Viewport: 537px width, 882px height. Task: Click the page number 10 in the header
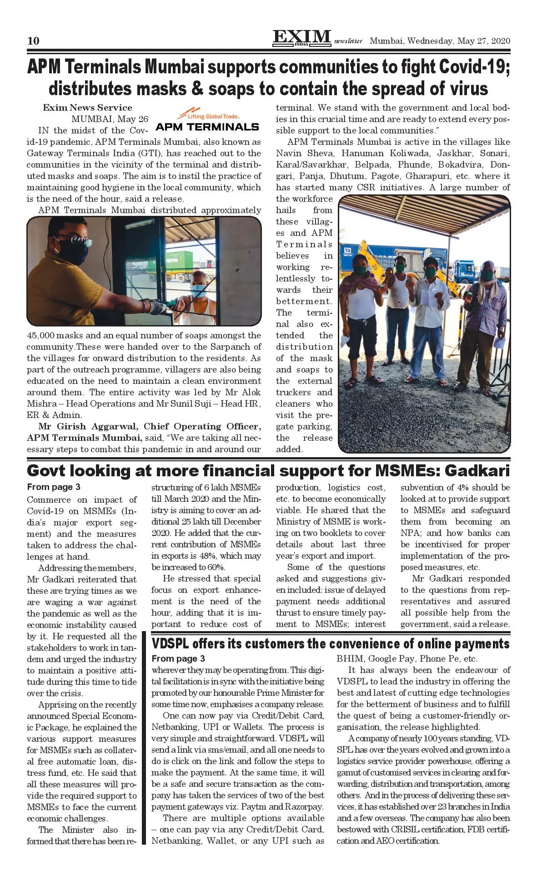[x=33, y=41]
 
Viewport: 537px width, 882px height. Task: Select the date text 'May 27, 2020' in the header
[x=484, y=41]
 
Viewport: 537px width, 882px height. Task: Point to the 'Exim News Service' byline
[x=87, y=108]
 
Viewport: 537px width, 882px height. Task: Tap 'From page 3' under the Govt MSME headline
[x=54, y=487]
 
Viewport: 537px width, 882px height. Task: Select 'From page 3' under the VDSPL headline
[x=178, y=658]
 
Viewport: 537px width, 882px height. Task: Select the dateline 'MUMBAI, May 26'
[x=110, y=119]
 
